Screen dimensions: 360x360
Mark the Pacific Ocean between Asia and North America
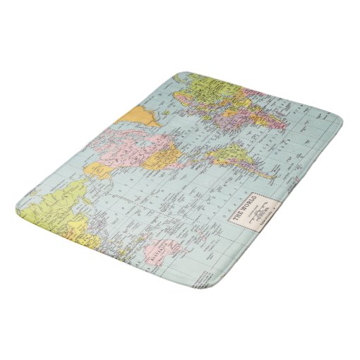point(131,205)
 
